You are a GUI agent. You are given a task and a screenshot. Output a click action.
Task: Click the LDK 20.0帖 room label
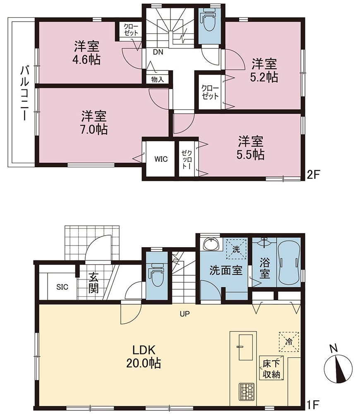(x=144, y=356)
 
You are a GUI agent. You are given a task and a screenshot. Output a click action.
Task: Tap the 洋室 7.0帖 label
(x=94, y=123)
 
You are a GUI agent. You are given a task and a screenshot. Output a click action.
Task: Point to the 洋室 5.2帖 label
(x=264, y=70)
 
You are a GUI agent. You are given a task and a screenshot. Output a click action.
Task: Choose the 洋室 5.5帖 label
(x=251, y=148)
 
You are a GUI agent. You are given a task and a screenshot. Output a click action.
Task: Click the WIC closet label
(x=161, y=159)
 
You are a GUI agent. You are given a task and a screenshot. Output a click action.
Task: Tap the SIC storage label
(x=62, y=287)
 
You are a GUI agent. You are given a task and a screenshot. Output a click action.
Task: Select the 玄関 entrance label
(x=94, y=284)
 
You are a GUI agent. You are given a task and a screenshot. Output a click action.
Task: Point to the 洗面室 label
(x=226, y=271)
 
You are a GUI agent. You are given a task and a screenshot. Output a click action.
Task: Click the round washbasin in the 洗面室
(x=211, y=244)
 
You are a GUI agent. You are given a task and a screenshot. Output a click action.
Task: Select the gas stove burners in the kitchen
(x=247, y=392)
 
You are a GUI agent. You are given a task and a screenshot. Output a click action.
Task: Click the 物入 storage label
(x=158, y=79)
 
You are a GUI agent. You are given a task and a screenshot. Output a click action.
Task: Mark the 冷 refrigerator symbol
(x=289, y=342)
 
